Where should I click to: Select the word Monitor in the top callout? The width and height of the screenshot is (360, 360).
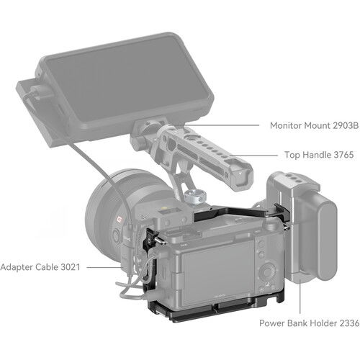pos(286,125)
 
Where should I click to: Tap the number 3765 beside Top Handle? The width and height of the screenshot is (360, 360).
pos(344,155)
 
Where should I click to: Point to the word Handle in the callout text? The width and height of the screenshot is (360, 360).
pos(316,155)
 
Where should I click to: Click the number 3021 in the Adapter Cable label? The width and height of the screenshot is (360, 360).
pos(71,267)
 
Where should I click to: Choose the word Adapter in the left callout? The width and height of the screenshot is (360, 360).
pos(17,267)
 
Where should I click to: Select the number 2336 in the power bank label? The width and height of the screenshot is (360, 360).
pos(349,323)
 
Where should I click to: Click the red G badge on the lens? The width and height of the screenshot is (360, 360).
pos(119,220)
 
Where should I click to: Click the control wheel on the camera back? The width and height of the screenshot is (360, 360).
pos(268,272)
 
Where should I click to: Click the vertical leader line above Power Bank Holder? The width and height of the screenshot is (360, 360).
pos(300,297)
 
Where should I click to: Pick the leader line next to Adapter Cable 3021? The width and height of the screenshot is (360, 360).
pos(104,267)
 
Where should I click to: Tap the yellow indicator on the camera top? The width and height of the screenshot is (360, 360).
pos(164,208)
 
